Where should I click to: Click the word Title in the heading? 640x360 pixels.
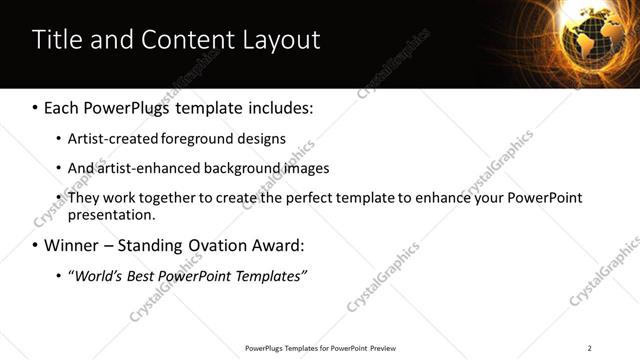(x=58, y=40)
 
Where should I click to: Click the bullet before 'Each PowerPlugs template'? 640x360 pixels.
(x=36, y=106)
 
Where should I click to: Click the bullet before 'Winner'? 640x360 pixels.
(x=36, y=245)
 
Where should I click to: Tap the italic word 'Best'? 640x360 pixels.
(x=141, y=275)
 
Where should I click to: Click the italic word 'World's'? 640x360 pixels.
(x=96, y=275)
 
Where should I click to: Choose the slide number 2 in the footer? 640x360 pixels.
(x=589, y=348)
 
